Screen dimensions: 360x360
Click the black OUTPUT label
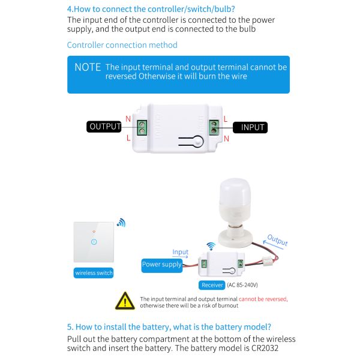point(105,127)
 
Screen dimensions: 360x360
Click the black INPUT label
point(252,127)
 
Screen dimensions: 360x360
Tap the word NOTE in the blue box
point(88,67)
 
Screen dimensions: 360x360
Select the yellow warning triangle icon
point(125,300)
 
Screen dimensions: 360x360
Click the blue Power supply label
point(161,264)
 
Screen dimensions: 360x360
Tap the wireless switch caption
point(94,273)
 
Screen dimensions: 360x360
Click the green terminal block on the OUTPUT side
point(142,127)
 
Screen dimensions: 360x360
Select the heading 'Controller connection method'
point(122,45)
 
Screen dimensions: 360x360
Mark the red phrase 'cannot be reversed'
point(263,298)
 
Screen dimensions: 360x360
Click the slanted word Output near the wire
point(277,240)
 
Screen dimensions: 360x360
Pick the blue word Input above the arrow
point(180,252)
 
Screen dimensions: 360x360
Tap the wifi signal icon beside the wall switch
point(121,223)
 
